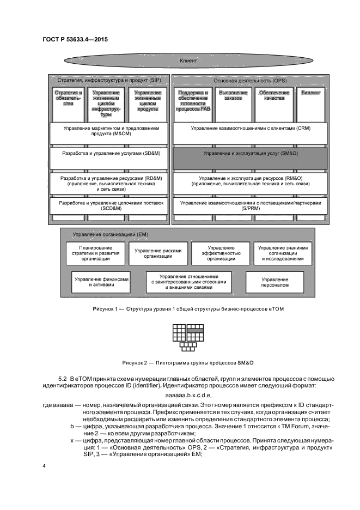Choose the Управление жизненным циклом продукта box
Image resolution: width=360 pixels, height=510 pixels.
coord(148,102)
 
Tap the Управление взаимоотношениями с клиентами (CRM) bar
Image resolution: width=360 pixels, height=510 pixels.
coord(251,129)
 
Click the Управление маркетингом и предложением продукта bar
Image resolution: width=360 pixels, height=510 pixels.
coord(109,132)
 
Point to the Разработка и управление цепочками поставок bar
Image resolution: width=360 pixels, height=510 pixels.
coord(109,206)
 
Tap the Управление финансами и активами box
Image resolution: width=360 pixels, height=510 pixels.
coord(102,282)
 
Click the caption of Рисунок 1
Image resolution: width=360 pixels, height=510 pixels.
coord(187,309)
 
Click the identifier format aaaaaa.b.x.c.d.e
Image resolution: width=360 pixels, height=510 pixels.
coord(187,394)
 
